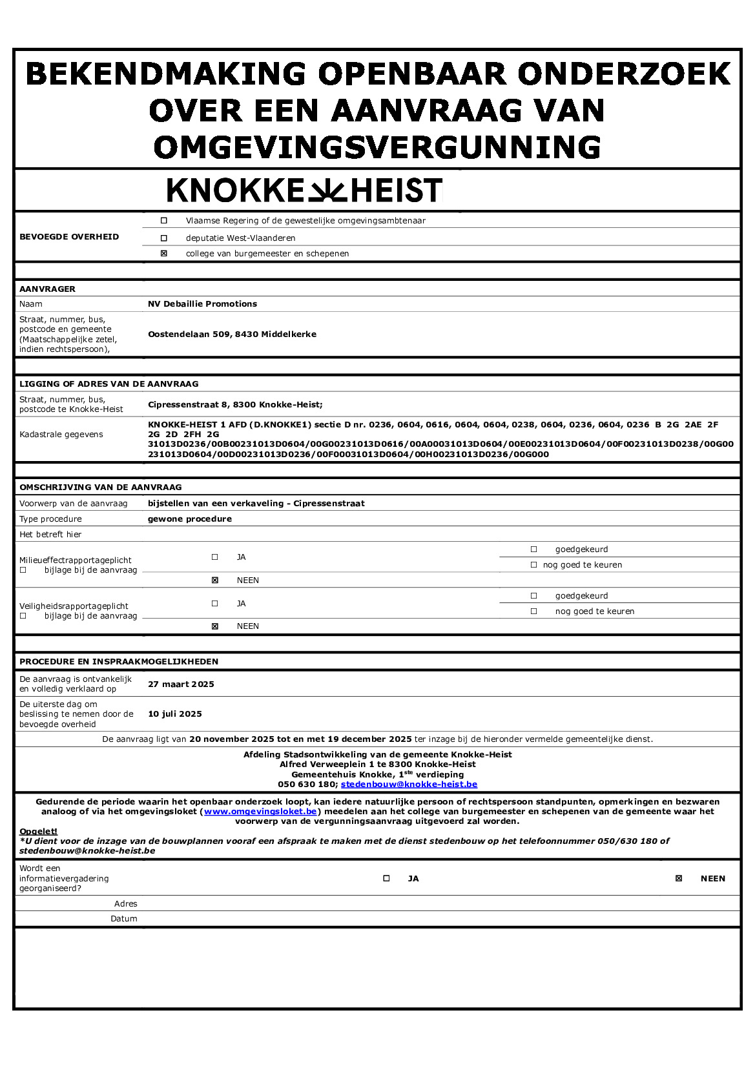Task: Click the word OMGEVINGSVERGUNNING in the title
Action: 377,147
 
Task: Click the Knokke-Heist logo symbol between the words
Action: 327,190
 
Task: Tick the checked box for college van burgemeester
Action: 164,254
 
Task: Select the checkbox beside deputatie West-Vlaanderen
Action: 164,238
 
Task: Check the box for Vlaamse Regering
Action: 164,221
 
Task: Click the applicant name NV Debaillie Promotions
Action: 202,304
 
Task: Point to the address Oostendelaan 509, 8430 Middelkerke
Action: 232,334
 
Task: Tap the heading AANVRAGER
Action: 47,289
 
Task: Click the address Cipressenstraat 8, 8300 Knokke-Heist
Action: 234,405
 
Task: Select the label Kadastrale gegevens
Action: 61,435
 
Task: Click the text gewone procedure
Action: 189,519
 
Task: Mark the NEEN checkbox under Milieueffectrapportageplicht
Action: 215,580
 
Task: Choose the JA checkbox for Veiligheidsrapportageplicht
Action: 215,604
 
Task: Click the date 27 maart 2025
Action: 181,684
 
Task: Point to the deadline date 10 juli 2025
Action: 175,714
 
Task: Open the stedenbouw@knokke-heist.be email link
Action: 409,785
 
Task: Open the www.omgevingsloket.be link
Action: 260,812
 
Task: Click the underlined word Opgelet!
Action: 38,832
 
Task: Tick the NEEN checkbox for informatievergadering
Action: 679,879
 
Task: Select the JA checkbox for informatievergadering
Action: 387,879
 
